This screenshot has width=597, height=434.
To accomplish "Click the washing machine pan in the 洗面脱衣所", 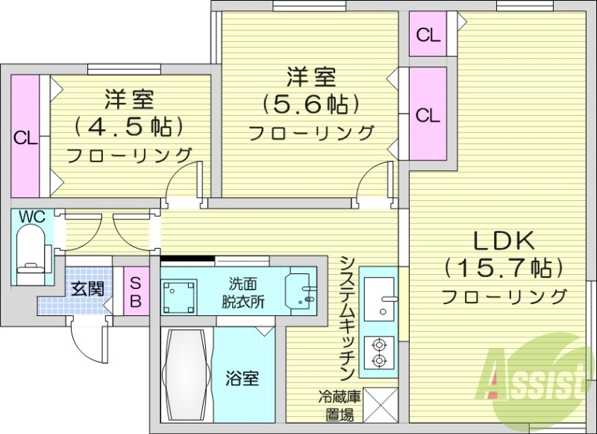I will pyautogui.click(x=180, y=297).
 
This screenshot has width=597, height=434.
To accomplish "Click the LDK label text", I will pyautogui.click(x=501, y=241).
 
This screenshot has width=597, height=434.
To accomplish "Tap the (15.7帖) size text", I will pyautogui.click(x=501, y=267).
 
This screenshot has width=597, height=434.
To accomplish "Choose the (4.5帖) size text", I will pyautogui.click(x=128, y=124).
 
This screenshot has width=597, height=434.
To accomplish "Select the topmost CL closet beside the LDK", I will pyautogui.click(x=428, y=34).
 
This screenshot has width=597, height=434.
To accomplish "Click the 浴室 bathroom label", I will pyautogui.click(x=243, y=379).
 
